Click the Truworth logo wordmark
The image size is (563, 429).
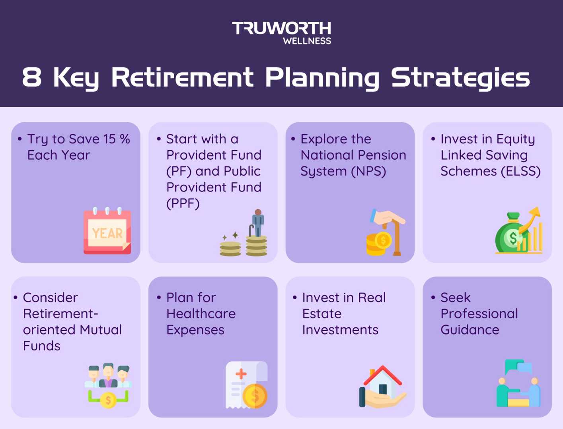pos(281,28)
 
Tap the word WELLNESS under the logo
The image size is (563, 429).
pos(307,41)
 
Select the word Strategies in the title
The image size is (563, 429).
pos(460,77)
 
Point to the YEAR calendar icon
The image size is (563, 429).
pos(107,231)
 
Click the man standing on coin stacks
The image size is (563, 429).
pos(258,222)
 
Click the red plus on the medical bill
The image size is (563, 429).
pos(241,374)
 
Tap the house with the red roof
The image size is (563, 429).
pos(382,382)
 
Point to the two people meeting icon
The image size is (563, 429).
pos(518,384)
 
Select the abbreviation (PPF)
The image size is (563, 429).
pos(183,203)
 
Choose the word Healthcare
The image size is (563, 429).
pos(201,314)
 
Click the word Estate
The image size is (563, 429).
pos(321,314)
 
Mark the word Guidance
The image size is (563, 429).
pos(469,330)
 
